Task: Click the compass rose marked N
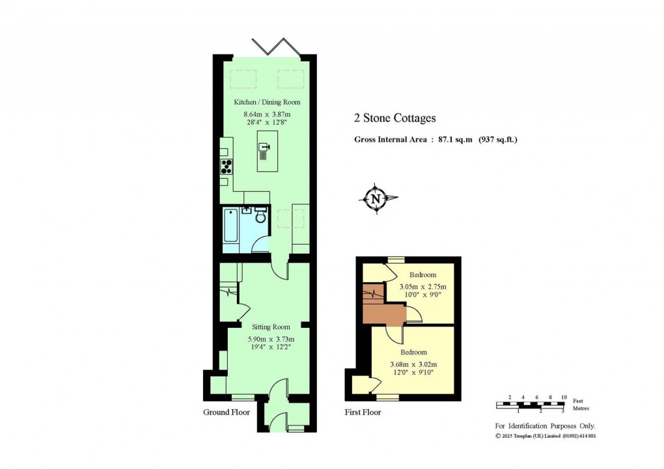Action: (x=376, y=199)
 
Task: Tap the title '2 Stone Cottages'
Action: (x=394, y=118)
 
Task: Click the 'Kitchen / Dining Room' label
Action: (x=267, y=102)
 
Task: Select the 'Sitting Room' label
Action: (x=271, y=327)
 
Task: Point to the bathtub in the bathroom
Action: (x=230, y=230)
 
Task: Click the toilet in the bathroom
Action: (x=261, y=217)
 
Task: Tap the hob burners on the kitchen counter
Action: (x=227, y=167)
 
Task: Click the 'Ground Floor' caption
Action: (x=227, y=412)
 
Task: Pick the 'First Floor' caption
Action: (x=363, y=412)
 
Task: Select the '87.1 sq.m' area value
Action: (x=451, y=139)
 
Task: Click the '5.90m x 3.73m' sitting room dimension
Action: (x=271, y=339)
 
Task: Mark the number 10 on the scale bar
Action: (x=564, y=397)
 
